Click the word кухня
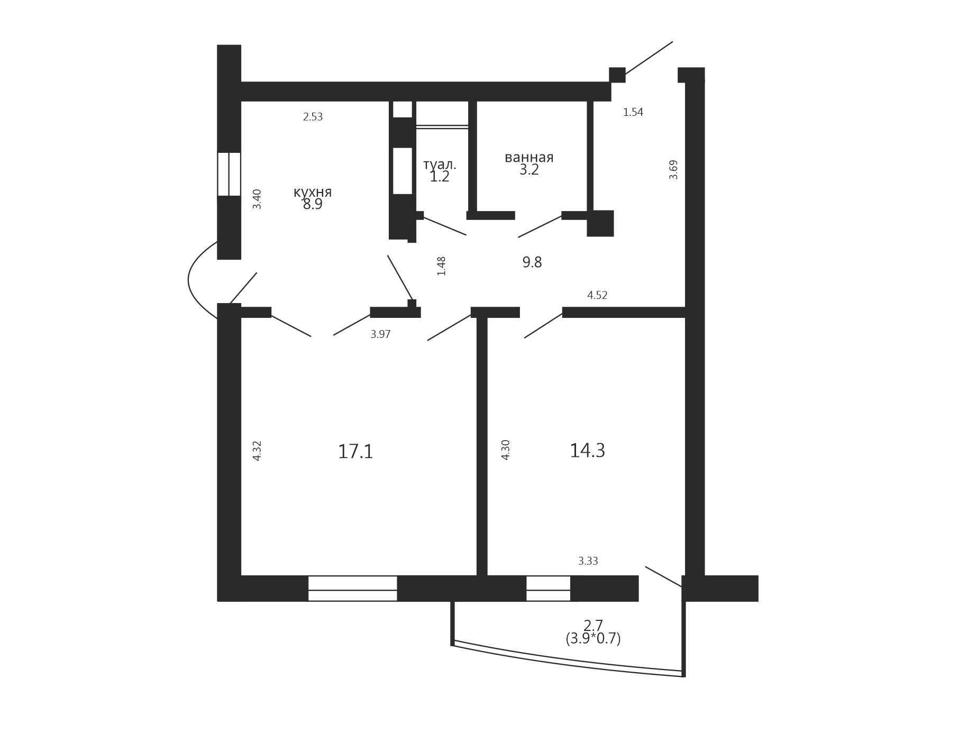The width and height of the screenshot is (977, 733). click(x=313, y=192)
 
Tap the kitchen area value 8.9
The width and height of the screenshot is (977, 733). click(x=313, y=205)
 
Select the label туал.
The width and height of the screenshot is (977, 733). click(x=440, y=164)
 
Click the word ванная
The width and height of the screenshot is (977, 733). click(x=529, y=158)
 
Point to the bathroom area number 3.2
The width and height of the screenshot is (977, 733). click(x=529, y=170)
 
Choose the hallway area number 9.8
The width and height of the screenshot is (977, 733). click(x=532, y=262)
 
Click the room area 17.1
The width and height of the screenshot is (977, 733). click(x=355, y=452)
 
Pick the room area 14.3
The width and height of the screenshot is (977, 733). click(x=587, y=451)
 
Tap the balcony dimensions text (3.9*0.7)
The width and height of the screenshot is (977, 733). click(x=593, y=639)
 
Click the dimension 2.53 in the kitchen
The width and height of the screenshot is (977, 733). click(x=313, y=117)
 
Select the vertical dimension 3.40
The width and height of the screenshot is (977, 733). click(x=257, y=199)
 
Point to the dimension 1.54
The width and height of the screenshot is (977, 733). click(x=633, y=112)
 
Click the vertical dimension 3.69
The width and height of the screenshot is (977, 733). click(x=673, y=170)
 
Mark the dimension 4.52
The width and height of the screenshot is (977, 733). click(x=597, y=295)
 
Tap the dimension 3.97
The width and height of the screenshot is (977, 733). click(x=380, y=334)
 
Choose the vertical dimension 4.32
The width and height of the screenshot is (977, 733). click(x=257, y=451)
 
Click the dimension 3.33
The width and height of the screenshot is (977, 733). click(x=588, y=561)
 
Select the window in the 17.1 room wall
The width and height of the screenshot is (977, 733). click(x=353, y=589)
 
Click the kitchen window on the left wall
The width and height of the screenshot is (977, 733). click(x=229, y=175)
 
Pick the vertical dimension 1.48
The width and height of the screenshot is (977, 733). click(x=442, y=266)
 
